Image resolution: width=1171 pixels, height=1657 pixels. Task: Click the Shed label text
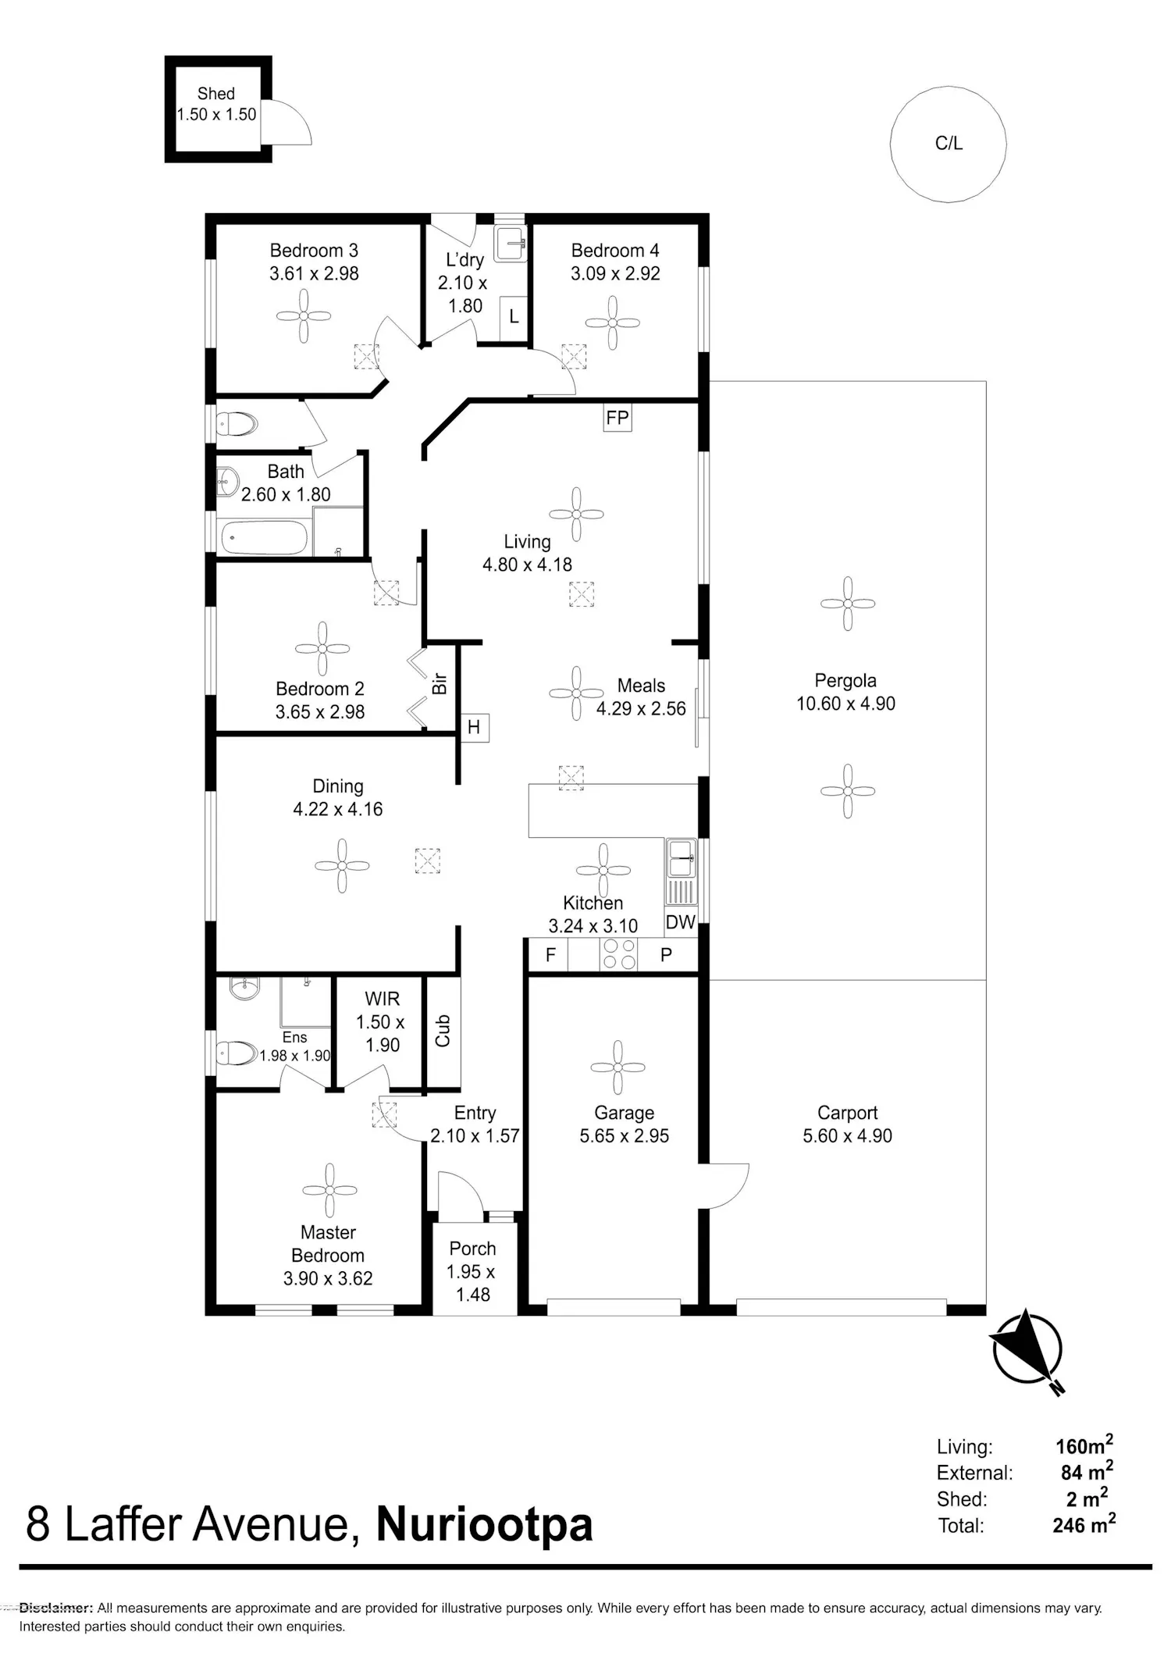(x=216, y=94)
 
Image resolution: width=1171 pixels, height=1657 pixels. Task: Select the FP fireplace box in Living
(x=618, y=418)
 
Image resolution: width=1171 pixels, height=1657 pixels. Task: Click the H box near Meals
(x=474, y=728)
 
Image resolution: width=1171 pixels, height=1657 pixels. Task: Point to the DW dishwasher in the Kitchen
(x=681, y=922)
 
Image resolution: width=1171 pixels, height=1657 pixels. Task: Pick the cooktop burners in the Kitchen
(x=618, y=953)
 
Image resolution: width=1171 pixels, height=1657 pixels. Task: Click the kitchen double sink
(x=681, y=858)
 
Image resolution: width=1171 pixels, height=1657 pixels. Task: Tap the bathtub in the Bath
(x=264, y=538)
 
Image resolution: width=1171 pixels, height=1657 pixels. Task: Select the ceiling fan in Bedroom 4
(x=613, y=322)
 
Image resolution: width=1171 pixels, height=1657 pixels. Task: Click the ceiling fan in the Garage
(x=618, y=1067)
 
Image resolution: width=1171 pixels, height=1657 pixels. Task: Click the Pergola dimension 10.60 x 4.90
(x=845, y=704)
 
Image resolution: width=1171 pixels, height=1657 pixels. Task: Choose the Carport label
(x=847, y=1113)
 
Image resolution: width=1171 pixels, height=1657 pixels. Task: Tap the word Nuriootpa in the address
(x=484, y=1525)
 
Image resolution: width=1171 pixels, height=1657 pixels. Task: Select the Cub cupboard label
(x=443, y=1030)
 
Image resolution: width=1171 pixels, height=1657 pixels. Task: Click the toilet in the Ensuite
(x=237, y=1054)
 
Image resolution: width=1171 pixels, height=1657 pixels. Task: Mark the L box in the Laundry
(x=514, y=316)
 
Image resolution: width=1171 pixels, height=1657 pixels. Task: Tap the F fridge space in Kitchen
(x=550, y=955)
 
